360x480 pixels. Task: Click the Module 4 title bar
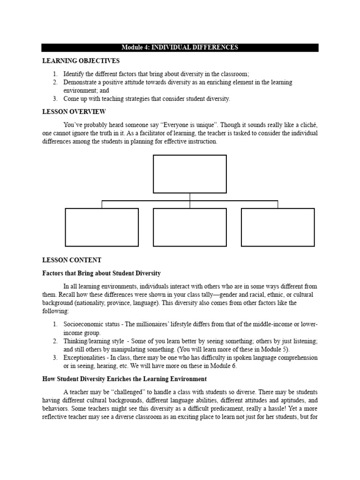pyautogui.click(x=180, y=47)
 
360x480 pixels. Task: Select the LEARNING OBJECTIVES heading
pyautogui.click(x=81, y=61)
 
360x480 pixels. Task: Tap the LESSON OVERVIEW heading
pyautogui.click(x=74, y=112)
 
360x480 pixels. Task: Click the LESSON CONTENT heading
pyautogui.click(x=72, y=260)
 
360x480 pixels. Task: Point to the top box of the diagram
pyautogui.click(x=190, y=174)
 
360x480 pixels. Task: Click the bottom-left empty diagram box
pyautogui.click(x=102, y=227)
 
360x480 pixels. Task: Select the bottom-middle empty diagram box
pyautogui.click(x=190, y=227)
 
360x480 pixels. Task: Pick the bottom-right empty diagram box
pyautogui.click(x=277, y=227)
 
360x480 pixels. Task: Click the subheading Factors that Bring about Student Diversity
pyautogui.click(x=102, y=273)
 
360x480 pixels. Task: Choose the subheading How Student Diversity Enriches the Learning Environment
pyautogui.click(x=124, y=379)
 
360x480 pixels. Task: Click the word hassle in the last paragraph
pyautogui.click(x=270, y=409)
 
